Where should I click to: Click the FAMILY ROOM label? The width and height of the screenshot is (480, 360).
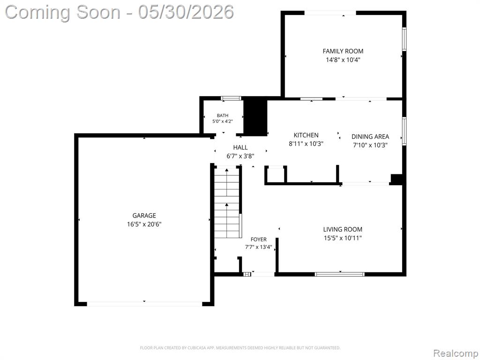(x=343, y=51)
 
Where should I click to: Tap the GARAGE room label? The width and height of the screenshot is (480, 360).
(x=144, y=216)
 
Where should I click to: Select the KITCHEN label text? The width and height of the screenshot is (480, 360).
(x=306, y=135)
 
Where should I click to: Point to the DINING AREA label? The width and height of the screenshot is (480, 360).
(x=370, y=136)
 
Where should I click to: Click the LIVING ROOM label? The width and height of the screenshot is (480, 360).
(x=343, y=229)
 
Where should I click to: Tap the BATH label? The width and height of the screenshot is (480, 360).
(x=223, y=115)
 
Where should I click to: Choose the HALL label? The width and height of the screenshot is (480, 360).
(x=240, y=148)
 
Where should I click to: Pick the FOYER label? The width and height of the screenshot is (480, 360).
(x=258, y=240)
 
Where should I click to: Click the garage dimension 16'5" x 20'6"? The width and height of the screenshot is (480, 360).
(x=144, y=225)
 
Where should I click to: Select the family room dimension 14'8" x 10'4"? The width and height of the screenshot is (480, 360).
(x=343, y=60)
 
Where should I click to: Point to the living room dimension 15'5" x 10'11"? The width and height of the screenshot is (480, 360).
(x=343, y=238)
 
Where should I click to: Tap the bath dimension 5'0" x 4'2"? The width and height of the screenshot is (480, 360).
(x=223, y=121)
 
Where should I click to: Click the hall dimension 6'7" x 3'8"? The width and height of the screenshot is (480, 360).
(x=240, y=156)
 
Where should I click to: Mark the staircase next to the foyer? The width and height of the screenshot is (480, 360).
(x=226, y=202)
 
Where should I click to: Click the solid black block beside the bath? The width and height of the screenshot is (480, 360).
(x=255, y=116)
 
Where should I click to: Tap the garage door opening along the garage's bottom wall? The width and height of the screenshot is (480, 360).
(x=144, y=304)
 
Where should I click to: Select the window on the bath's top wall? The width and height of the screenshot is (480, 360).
(x=231, y=98)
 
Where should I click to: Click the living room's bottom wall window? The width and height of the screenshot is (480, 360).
(x=340, y=274)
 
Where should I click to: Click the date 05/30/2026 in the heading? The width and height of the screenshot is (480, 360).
(x=186, y=12)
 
